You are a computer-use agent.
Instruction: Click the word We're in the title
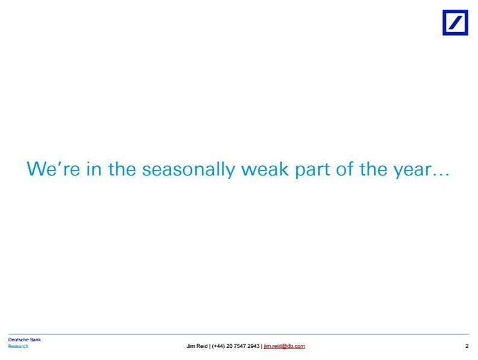pyautogui.click(x=54, y=169)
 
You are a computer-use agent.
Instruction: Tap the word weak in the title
pyautogui.click(x=265, y=169)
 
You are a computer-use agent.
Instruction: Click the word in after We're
pyautogui.click(x=93, y=169)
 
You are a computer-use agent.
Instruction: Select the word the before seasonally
pyautogui.click(x=122, y=169)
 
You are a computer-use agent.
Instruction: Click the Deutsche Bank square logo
pyautogui.click(x=455, y=22)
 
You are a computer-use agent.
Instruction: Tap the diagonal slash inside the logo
pyautogui.click(x=455, y=22)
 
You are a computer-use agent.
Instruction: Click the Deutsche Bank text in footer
pyautogui.click(x=24, y=339)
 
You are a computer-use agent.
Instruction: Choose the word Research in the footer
pyautogui.click(x=18, y=346)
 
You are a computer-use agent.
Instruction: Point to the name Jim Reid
pyautogui.click(x=197, y=346)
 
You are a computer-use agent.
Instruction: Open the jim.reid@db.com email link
pyautogui.click(x=285, y=346)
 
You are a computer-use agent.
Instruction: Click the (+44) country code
pyautogui.click(x=218, y=346)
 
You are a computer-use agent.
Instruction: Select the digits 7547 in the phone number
pyautogui.click(x=239, y=346)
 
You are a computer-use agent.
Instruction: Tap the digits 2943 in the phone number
pyautogui.click(x=253, y=346)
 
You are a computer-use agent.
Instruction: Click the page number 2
pyautogui.click(x=467, y=346)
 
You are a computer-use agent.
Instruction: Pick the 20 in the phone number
pyautogui.click(x=229, y=346)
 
